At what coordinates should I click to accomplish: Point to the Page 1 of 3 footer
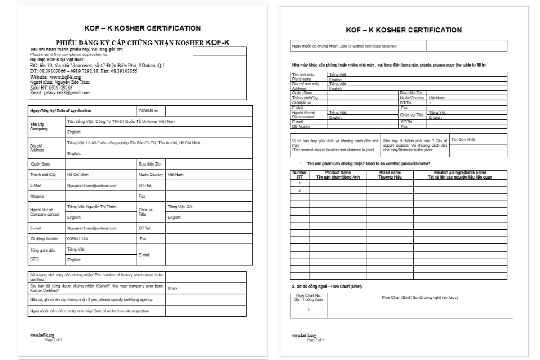tap(51, 340)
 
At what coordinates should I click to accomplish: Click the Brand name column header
tap(390, 175)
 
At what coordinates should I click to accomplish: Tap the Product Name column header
tap(337, 175)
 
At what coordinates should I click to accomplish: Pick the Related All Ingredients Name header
tap(460, 175)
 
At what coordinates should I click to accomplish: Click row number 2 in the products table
tap(299, 190)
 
